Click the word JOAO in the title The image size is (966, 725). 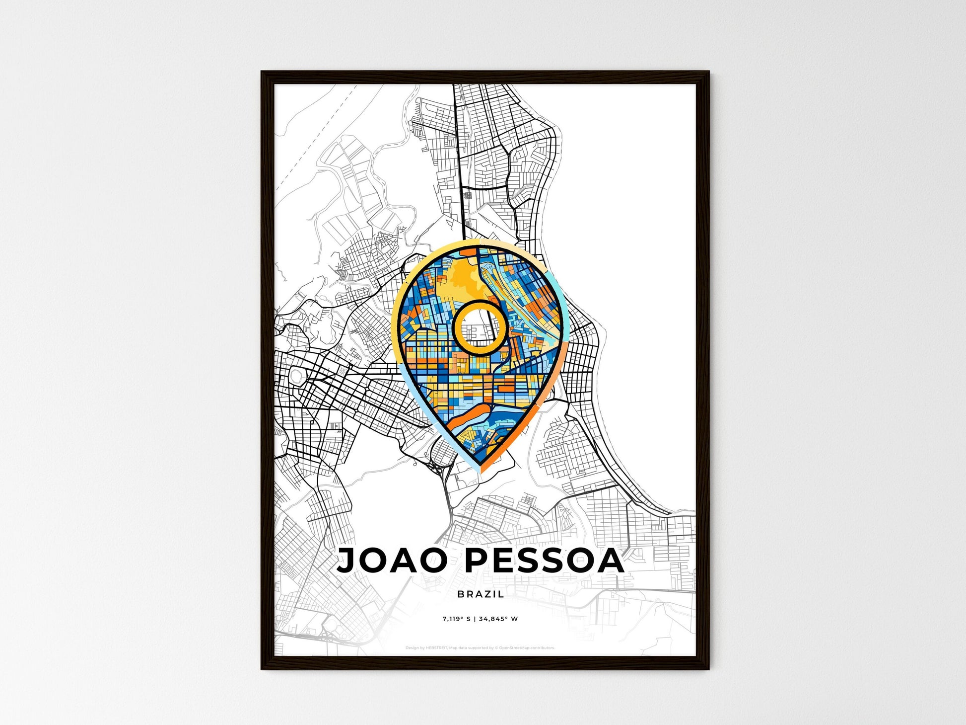point(392,561)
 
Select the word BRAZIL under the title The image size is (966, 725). point(480,594)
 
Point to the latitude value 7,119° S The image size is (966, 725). point(457,619)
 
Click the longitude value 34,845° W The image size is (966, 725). point(498,619)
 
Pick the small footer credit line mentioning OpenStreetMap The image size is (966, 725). point(480,648)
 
